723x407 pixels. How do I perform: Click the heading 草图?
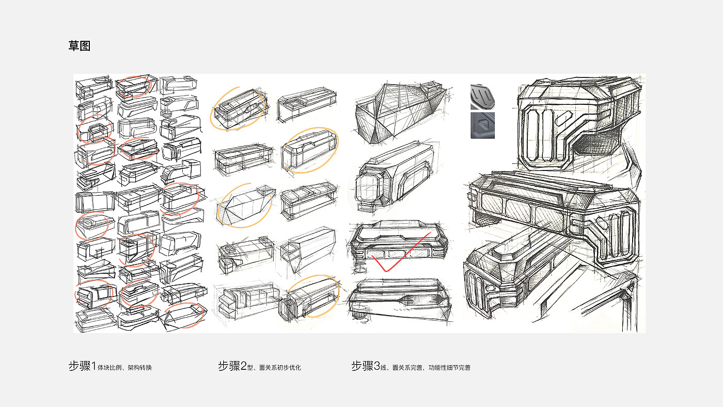coord(80,46)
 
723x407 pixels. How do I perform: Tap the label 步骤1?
coord(82,367)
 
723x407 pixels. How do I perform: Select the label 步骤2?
coord(232,367)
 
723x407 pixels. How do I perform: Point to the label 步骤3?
coord(365,367)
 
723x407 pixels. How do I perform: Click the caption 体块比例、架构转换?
coord(124,368)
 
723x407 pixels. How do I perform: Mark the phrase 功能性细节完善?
coord(449,368)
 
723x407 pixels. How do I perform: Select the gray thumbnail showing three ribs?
coord(482,97)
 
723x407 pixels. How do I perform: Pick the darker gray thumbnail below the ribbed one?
coord(482,126)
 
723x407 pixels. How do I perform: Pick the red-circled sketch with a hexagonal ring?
coord(95,131)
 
